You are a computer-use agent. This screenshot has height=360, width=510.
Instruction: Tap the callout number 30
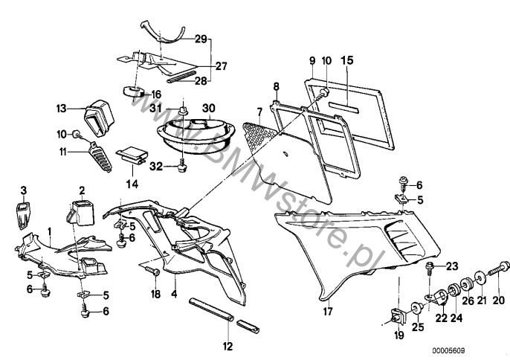click(209, 108)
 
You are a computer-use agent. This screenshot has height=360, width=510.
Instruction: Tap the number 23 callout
click(453, 264)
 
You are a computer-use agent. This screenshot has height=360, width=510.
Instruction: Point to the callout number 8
click(275, 86)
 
